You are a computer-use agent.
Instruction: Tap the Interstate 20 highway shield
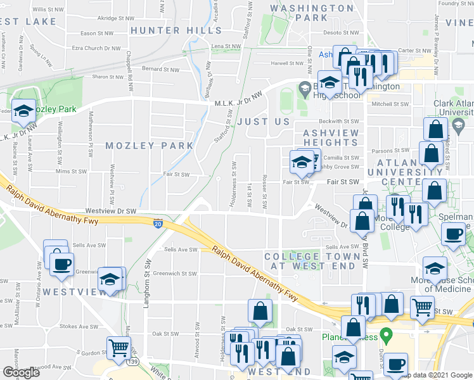coord(158,223)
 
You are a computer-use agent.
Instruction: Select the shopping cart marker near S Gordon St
coord(118,348)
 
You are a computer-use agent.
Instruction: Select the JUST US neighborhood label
coord(263,121)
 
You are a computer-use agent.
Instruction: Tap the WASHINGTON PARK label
coord(312,13)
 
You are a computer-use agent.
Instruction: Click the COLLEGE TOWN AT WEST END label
coord(311,261)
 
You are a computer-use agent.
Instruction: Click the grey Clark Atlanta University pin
coord(458,127)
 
